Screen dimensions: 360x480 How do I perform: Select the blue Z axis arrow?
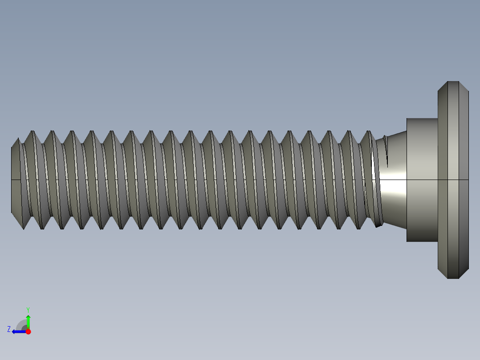(x=18, y=331)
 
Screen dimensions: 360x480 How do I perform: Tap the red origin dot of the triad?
(x=28, y=331)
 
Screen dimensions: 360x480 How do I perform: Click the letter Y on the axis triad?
(x=28, y=309)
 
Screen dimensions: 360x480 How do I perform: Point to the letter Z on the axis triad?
(x=9, y=329)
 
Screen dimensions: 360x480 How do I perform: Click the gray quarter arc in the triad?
(x=22, y=324)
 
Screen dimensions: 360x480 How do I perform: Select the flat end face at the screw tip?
(x=15, y=180)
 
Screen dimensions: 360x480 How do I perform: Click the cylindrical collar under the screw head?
(x=422, y=180)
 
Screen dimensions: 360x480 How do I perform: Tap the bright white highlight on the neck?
(x=392, y=187)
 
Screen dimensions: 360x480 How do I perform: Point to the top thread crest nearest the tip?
(x=32, y=131)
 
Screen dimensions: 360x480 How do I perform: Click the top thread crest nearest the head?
(x=369, y=131)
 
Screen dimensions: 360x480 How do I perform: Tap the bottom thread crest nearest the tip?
(x=23, y=229)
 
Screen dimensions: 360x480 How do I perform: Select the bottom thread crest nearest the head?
(x=359, y=229)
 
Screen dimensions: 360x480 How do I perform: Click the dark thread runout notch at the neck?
(x=386, y=151)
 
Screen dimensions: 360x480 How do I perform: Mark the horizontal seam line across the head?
(x=453, y=180)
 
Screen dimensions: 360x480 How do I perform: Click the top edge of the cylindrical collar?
(x=422, y=119)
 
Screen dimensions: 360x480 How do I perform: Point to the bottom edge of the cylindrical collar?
(x=422, y=241)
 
